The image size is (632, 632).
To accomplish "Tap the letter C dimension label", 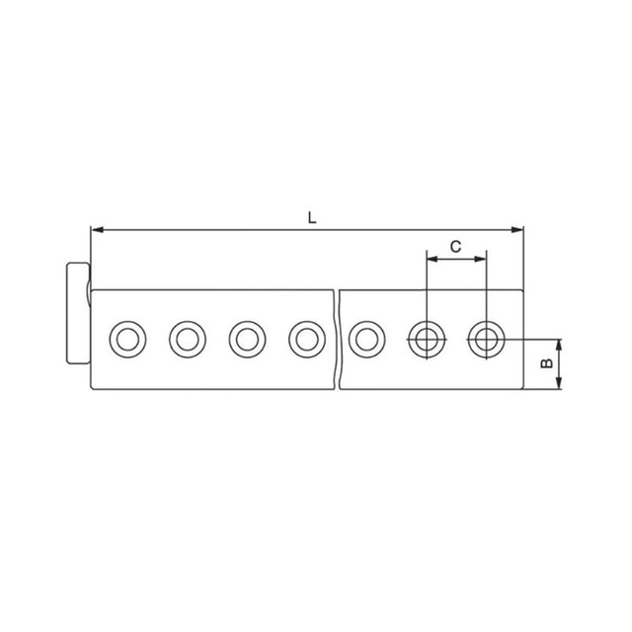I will click(x=456, y=247).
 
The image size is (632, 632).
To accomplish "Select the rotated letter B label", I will click(x=545, y=363).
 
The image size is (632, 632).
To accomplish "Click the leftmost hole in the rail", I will click(x=126, y=340).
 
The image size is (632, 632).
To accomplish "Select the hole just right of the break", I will click(x=366, y=340).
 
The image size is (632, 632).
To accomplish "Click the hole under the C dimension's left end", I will click(x=426, y=340).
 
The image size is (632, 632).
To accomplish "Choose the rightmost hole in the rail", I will click(x=485, y=340).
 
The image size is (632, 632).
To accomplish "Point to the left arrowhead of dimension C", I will click(x=431, y=260).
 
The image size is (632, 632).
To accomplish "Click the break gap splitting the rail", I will click(x=337, y=339).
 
